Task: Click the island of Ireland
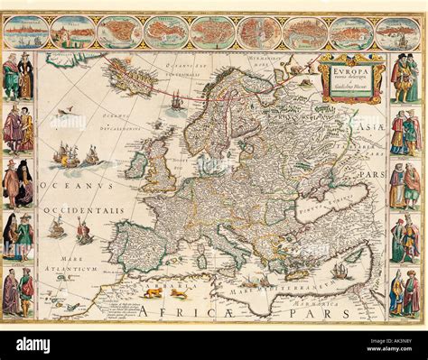click(x=136, y=165)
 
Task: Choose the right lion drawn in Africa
click(x=179, y=293)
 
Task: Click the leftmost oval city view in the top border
click(x=25, y=32)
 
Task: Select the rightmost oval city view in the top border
click(x=398, y=32)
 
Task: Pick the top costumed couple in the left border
click(x=18, y=76)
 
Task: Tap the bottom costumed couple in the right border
click(x=405, y=293)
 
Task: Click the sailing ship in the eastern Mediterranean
click(x=340, y=270)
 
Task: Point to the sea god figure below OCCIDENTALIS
click(x=83, y=233)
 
